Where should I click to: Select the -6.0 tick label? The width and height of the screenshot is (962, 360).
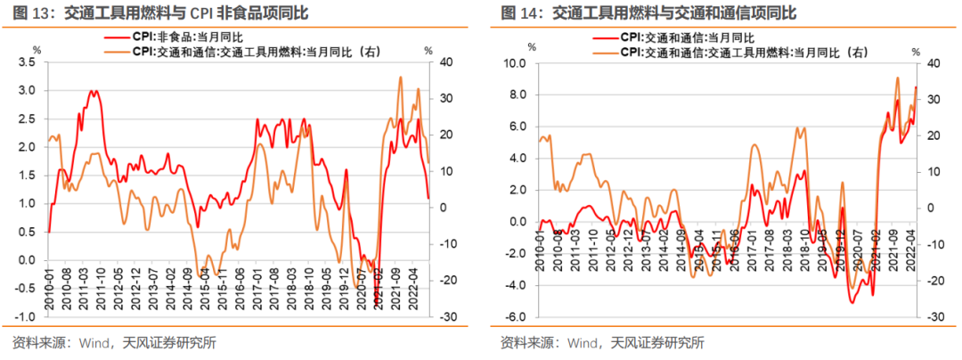[515, 317]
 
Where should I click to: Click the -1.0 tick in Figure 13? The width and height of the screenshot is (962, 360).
[24, 317]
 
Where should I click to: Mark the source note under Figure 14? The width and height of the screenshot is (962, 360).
[602, 342]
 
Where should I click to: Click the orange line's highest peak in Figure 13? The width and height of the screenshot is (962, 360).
[401, 77]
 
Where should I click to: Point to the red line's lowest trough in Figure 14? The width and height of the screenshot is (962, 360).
[852, 304]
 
